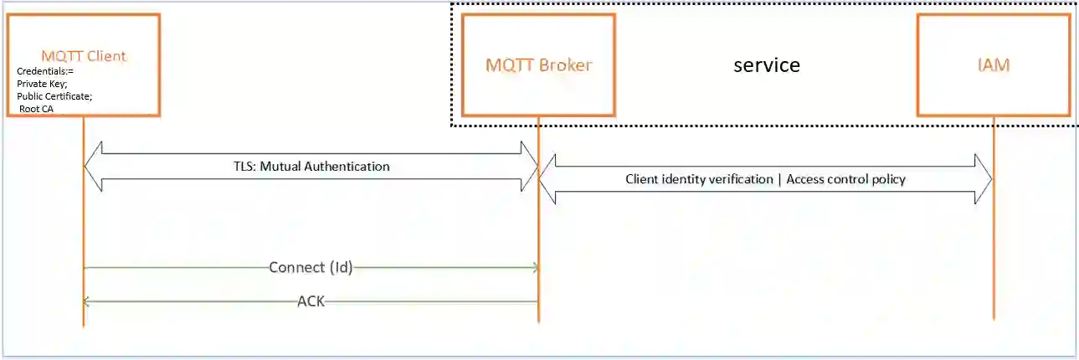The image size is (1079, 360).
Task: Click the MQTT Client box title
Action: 84,56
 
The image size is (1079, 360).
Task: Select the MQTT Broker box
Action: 538,64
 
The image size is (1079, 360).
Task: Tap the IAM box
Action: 993,64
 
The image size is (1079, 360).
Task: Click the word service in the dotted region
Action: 766,64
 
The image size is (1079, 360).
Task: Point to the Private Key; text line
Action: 42,84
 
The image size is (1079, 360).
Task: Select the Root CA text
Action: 36,109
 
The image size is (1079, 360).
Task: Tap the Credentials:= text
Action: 45,71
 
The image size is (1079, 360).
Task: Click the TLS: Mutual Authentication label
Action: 311,167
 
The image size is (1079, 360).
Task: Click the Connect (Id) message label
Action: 311,268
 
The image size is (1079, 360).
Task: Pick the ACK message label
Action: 311,301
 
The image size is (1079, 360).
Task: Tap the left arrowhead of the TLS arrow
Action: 92,167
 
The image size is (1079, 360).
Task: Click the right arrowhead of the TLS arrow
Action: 530,167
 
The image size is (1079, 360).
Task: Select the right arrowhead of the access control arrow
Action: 984,179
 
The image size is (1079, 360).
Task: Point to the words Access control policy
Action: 846,179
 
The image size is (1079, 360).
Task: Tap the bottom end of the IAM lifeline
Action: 994,318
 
